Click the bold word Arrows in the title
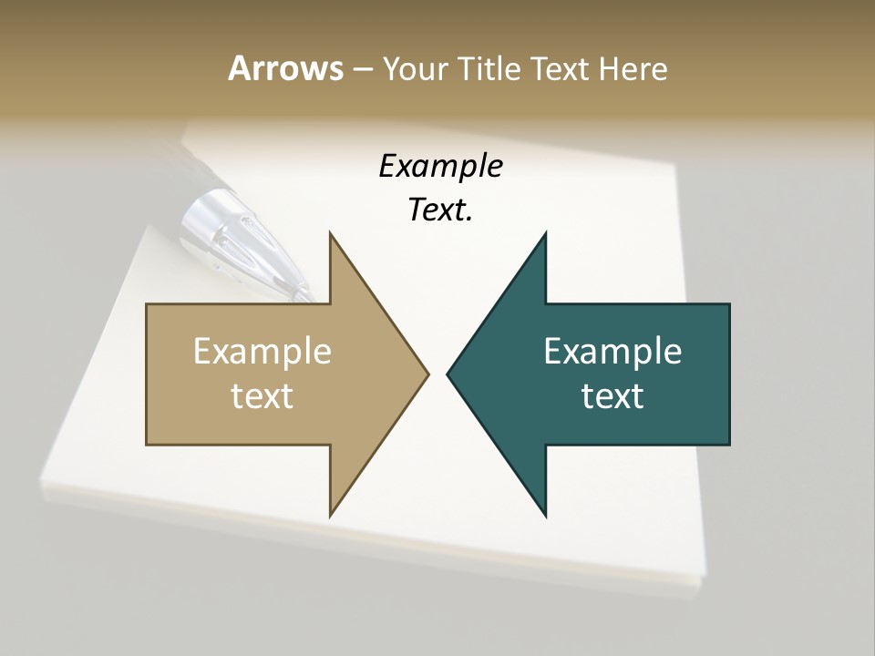pyautogui.click(x=284, y=68)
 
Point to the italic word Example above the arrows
pyautogui.click(x=440, y=167)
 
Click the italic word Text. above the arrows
pyautogui.click(x=440, y=210)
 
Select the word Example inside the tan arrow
pyautogui.click(x=262, y=352)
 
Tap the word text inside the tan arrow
pyautogui.click(x=262, y=395)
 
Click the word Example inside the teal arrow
pyautogui.click(x=612, y=352)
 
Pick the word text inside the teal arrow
pyautogui.click(x=612, y=395)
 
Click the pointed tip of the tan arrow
pyautogui.click(x=427, y=374)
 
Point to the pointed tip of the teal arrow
pyautogui.click(x=448, y=374)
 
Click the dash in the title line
pyautogui.click(x=361, y=69)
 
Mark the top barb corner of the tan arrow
pyautogui.click(x=330, y=233)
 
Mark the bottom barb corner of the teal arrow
pyautogui.click(x=546, y=516)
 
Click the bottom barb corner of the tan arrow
pyautogui.click(x=330, y=516)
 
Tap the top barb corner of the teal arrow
pyautogui.click(x=546, y=233)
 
